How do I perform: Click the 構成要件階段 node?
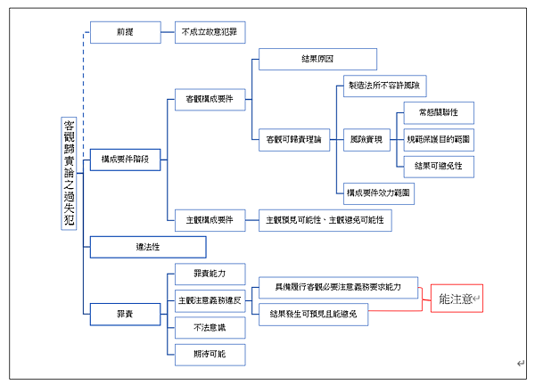[x=125, y=160]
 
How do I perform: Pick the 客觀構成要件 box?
[x=209, y=99]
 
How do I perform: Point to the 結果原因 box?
[x=317, y=59]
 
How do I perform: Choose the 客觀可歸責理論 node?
[x=294, y=138]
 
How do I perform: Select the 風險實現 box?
[x=366, y=139]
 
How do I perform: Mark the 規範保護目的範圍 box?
[x=438, y=139]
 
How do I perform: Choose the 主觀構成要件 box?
[x=209, y=218]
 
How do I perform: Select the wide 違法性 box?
[x=148, y=246]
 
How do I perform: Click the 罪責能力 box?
[x=209, y=274]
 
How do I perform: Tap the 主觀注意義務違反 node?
[x=209, y=300]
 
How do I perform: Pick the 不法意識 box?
[x=209, y=327]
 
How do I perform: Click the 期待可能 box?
[x=209, y=354]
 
